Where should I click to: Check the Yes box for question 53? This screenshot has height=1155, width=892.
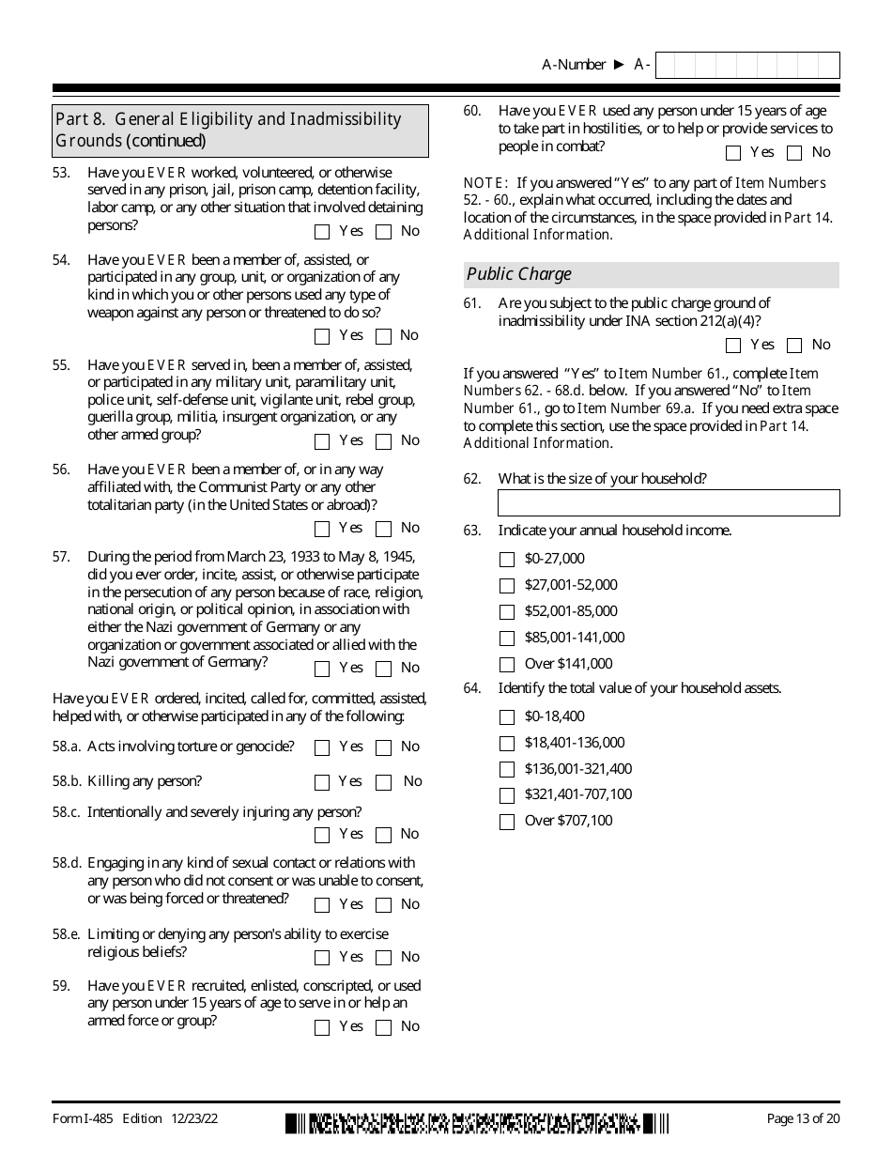322,232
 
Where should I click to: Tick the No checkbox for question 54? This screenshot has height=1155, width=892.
383,336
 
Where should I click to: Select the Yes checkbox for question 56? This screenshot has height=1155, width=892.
322,529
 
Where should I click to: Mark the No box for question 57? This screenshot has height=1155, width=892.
383,669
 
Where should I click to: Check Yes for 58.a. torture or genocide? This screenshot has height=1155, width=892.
322,748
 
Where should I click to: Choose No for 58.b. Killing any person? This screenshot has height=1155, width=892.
383,782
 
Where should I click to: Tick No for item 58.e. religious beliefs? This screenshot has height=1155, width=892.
383,958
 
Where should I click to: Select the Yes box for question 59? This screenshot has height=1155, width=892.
322,1027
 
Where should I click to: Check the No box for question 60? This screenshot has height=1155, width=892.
794,153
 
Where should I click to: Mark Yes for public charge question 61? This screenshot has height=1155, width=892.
733,346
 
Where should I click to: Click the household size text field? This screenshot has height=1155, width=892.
669,503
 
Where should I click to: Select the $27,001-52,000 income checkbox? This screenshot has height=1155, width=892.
507,586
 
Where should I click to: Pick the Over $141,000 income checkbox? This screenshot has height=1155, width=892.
507,665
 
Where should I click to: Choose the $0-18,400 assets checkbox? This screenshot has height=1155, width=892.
507,717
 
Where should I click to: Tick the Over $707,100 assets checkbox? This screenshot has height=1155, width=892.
507,822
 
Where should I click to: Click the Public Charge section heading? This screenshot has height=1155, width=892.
519,274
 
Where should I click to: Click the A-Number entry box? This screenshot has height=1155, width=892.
747,65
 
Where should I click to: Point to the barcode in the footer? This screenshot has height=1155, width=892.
477,1123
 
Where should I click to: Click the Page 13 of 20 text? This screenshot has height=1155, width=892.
803,1118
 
